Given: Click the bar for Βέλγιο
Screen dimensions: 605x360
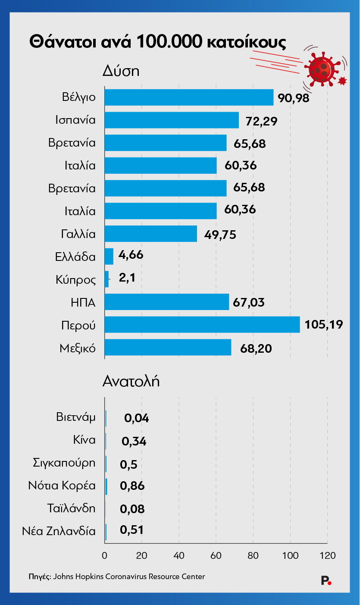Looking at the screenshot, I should pos(189,97).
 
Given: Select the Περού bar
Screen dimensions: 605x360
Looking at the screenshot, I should pos(202,325).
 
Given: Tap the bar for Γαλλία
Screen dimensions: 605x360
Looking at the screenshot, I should pos(150,234).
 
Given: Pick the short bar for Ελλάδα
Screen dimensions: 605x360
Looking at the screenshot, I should pos(109,257).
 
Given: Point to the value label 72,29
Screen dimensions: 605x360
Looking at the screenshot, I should pos(261,121).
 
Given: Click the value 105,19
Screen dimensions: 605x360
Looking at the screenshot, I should pos(324,324).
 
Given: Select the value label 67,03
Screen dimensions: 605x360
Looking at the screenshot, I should pos(248,302).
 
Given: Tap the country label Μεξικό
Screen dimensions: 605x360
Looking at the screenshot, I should pos(78,348).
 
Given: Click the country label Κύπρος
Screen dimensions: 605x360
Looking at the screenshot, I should pos(75,280).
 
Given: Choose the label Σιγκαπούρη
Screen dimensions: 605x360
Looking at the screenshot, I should pos(64,463).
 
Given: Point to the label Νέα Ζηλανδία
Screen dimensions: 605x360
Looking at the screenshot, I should pos(59,531).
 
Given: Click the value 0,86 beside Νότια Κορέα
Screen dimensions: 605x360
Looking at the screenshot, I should pos(132,486).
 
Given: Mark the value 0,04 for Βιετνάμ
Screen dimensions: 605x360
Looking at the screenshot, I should pos(136,418).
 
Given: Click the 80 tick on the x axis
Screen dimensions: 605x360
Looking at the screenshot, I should pos(253,555).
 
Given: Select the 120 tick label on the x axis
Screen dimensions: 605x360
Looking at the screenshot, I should pos(327,555).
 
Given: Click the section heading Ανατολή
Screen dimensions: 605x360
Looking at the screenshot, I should pos(131,381).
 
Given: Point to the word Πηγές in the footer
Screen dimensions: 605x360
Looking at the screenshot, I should pos(40,576).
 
